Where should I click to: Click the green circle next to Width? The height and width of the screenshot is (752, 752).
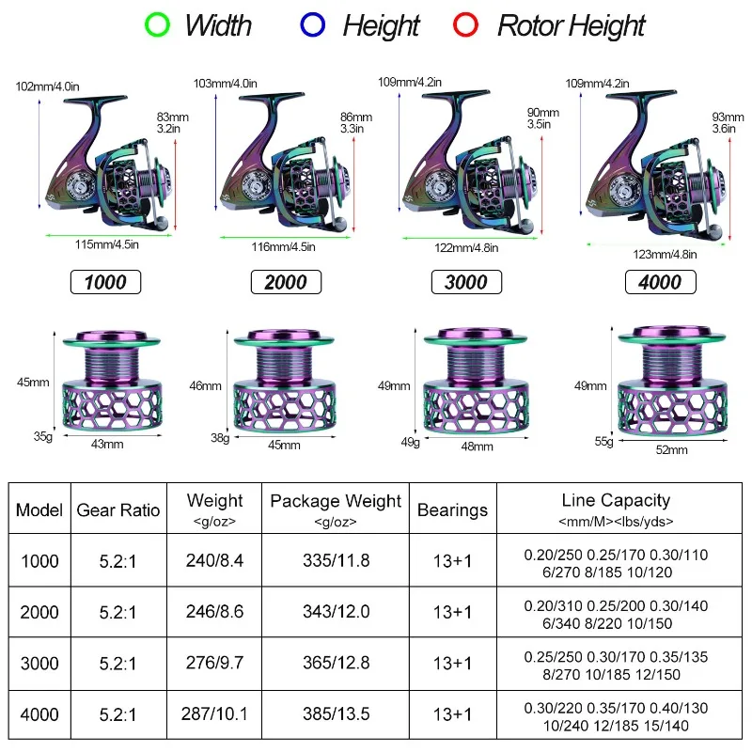157,23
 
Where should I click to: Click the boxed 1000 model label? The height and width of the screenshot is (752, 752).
105,282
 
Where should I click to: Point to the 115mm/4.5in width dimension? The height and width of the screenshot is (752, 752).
108,245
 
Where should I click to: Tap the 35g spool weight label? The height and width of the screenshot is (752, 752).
42,435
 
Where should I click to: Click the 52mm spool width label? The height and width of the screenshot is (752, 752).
671,450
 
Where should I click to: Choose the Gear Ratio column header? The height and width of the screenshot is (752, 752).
118,509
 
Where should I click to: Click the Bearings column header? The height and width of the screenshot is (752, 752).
452,509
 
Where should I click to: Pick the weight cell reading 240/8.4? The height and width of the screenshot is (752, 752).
215,561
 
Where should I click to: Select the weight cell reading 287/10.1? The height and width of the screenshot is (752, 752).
215,713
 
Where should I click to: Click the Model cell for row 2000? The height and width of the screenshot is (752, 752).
39,612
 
